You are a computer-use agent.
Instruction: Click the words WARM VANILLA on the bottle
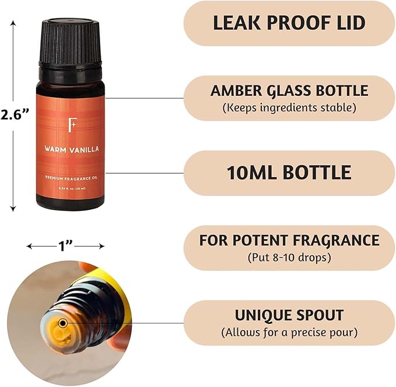(70, 149)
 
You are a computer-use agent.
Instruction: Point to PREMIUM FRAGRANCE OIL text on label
(70, 177)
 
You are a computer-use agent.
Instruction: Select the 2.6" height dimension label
(16, 115)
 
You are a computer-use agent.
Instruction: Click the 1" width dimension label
(65, 246)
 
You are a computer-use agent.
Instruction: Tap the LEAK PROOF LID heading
(289, 23)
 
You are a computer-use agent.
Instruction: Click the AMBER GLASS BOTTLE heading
(289, 91)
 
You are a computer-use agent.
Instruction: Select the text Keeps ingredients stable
(289, 108)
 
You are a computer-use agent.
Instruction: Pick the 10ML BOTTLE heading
(289, 172)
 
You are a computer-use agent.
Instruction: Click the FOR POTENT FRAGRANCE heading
(289, 240)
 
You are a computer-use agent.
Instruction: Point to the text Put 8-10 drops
(289, 257)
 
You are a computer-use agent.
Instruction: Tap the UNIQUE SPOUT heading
(289, 315)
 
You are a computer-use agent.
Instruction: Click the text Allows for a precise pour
(289, 332)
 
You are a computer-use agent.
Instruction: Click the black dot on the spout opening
(63, 323)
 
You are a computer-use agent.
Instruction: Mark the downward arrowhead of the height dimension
(14, 208)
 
